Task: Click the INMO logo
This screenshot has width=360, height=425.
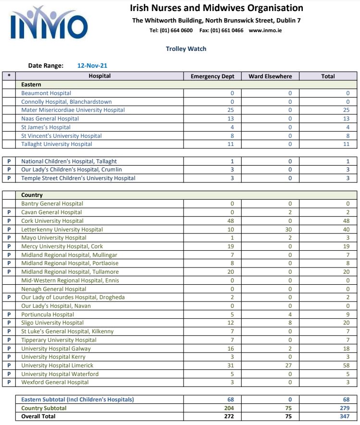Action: coord(49,24)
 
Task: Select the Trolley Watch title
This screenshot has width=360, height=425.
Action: coord(186,49)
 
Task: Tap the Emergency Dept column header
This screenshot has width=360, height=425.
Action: coord(212,76)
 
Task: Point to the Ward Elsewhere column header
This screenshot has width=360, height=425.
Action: coord(270,76)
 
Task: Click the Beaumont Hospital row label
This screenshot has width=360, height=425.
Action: coord(46,93)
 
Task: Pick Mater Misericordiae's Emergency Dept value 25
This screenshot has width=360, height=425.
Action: coord(230,110)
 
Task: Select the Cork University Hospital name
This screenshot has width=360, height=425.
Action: coord(52,221)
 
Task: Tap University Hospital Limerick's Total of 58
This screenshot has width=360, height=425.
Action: coord(346,365)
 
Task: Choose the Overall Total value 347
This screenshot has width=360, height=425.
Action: coord(344,416)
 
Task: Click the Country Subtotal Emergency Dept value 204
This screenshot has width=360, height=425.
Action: coord(229,408)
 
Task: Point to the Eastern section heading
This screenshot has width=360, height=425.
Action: coord(31,85)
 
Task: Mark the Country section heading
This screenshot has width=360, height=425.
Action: coord(32,195)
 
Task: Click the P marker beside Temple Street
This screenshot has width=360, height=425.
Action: coord(9,178)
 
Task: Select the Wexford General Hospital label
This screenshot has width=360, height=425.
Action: coord(55,382)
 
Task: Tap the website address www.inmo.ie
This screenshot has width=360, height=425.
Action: coord(265,30)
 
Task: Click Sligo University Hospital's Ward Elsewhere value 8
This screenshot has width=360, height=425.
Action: coord(290,323)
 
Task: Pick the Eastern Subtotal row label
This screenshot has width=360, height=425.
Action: coord(77,400)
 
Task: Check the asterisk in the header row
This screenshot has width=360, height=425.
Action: coord(9,76)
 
